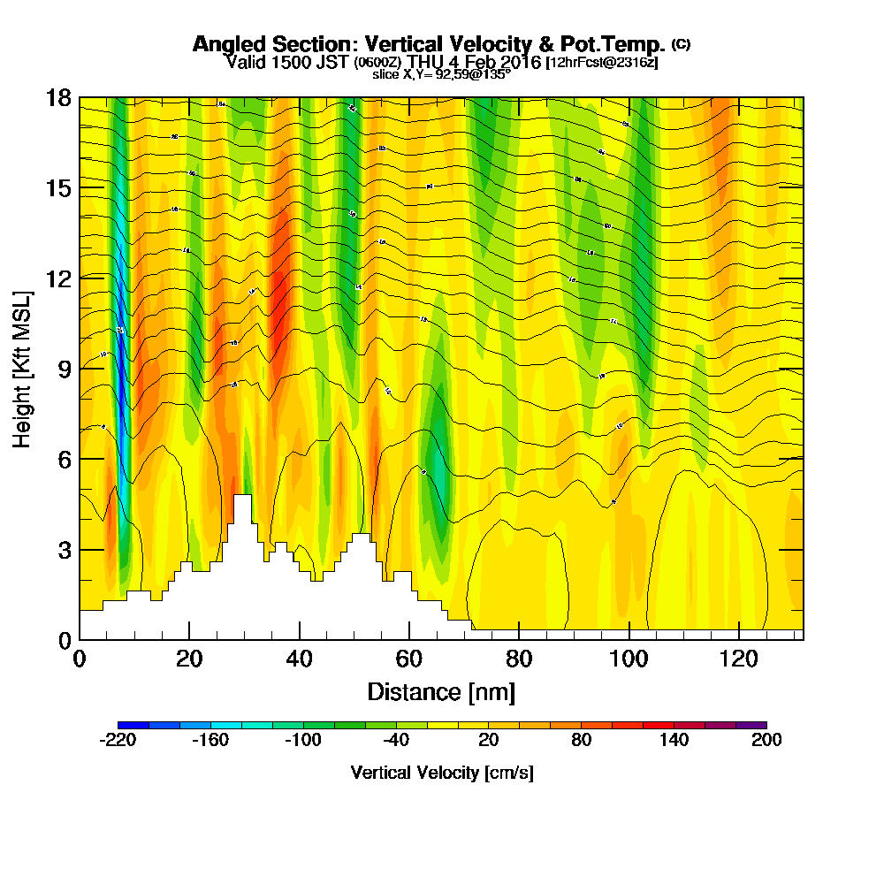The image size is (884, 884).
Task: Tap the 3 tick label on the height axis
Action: (63, 550)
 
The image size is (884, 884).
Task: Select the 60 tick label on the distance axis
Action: (409, 659)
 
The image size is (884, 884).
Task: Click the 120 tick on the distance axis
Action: (737, 638)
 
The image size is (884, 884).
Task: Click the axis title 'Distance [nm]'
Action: (441, 691)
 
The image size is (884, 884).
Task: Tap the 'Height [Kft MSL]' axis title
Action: (22, 369)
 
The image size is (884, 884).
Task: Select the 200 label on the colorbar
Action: (766, 741)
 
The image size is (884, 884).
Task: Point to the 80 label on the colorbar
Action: (581, 741)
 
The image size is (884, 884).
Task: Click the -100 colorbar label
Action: (302, 741)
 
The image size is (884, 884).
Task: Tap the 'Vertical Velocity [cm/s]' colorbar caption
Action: (442, 773)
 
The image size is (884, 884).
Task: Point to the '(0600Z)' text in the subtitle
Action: (378, 63)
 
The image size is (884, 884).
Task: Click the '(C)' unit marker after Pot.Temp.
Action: (681, 43)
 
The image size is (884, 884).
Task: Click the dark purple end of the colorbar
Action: (758, 725)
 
